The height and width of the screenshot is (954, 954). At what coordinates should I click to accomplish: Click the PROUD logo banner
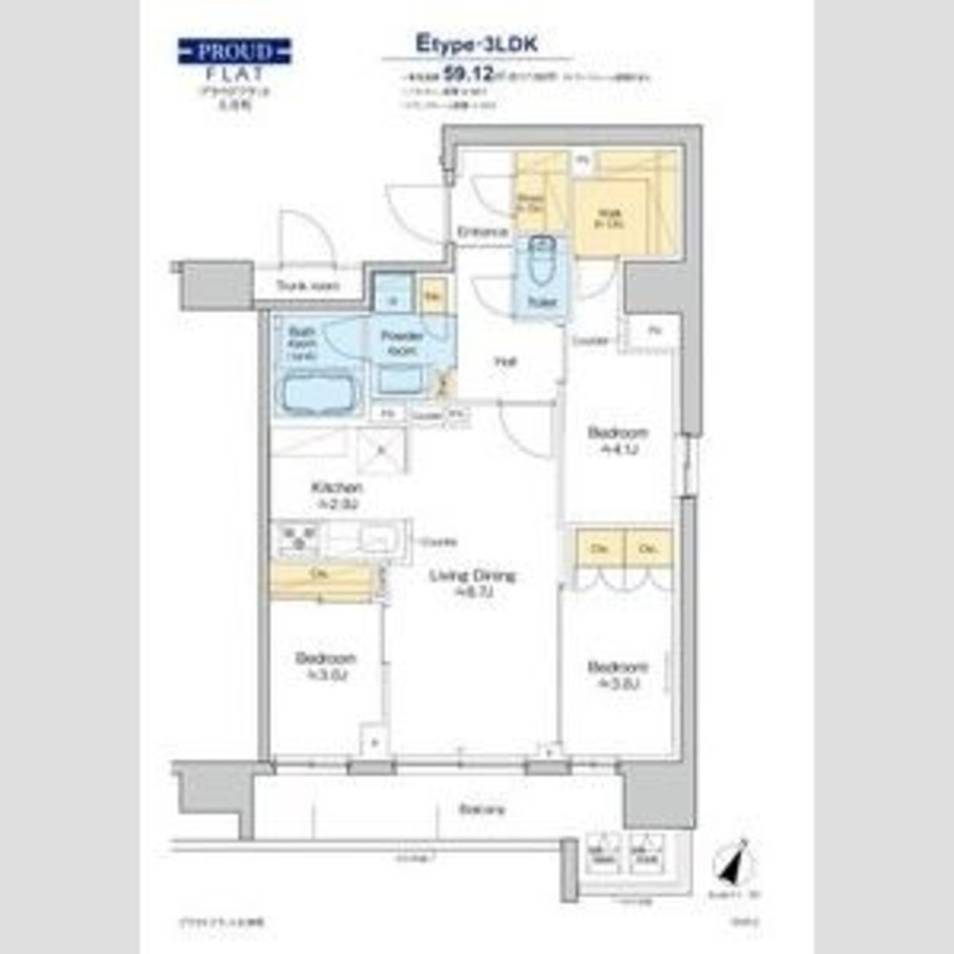(234, 51)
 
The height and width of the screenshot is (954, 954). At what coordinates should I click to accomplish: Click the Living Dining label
(471, 576)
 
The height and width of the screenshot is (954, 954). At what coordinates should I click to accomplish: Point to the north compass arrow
(736, 866)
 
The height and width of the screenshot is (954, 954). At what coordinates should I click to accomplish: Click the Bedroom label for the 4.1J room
(617, 432)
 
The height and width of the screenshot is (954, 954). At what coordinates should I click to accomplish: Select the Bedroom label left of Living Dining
(325, 659)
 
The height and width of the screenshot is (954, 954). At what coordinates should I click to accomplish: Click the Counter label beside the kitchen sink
(432, 540)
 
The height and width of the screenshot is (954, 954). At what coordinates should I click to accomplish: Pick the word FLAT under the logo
(234, 72)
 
